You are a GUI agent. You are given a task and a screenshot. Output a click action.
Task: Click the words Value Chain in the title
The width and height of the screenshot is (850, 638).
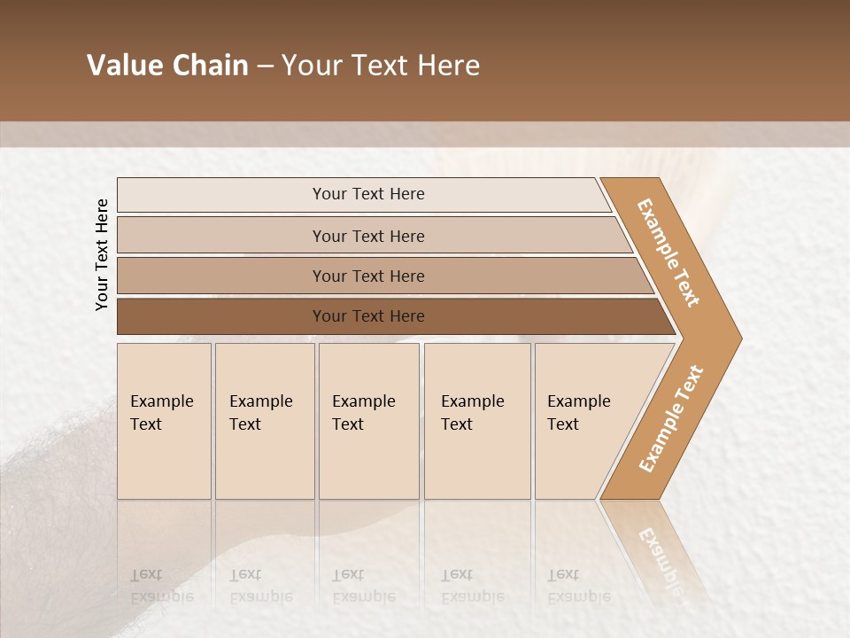pyautogui.click(x=167, y=66)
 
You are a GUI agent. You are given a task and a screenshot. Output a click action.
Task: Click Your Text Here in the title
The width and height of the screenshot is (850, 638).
pyautogui.click(x=381, y=66)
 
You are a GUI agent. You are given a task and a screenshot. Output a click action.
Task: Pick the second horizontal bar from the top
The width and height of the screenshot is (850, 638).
pyautogui.click(x=367, y=236)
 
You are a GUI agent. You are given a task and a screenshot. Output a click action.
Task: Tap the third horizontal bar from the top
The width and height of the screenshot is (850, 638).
pyautogui.click(x=367, y=276)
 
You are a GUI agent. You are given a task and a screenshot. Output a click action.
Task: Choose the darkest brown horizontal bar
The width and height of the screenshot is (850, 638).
pyautogui.click(x=367, y=316)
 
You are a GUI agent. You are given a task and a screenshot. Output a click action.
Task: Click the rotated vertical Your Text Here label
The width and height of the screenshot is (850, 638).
pyautogui.click(x=102, y=254)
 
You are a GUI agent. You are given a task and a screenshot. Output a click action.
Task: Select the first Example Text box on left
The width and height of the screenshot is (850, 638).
pyautogui.click(x=164, y=420)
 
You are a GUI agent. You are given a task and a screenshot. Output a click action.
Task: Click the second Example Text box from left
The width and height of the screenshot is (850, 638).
pyautogui.click(x=264, y=420)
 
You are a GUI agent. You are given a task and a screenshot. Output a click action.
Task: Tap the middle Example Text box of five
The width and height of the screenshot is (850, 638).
pyautogui.click(x=368, y=420)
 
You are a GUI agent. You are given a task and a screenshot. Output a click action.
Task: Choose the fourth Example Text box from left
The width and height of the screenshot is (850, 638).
pyautogui.click(x=476, y=420)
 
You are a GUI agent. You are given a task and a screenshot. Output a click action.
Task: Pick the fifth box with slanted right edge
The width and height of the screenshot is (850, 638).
pyautogui.click(x=584, y=420)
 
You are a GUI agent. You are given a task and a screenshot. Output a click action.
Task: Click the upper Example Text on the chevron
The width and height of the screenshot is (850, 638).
pyautogui.click(x=668, y=253)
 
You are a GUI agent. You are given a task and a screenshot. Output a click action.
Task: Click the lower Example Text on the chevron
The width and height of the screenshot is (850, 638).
pyautogui.click(x=670, y=419)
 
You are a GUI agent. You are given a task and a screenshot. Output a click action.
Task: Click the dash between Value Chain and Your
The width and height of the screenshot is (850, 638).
pyautogui.click(x=265, y=66)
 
